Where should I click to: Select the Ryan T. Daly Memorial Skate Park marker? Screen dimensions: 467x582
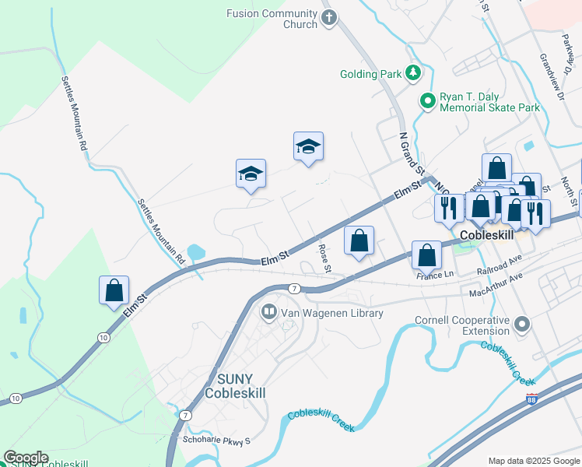(427, 100)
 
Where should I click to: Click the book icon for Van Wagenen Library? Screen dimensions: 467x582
(268, 313)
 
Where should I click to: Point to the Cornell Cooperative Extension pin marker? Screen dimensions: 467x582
(522, 323)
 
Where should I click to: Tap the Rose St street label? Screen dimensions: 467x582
(325, 259)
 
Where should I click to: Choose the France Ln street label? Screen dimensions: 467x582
(435, 275)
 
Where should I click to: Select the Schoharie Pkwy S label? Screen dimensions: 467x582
(216, 441)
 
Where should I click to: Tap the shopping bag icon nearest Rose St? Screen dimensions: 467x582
(359, 241)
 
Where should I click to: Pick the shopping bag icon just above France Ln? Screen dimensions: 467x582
(426, 255)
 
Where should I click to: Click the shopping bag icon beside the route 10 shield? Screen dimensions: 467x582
(114, 290)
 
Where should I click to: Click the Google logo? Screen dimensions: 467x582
(26, 458)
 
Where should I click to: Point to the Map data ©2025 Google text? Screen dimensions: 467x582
(533, 461)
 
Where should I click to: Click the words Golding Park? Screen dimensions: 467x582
(370, 75)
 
